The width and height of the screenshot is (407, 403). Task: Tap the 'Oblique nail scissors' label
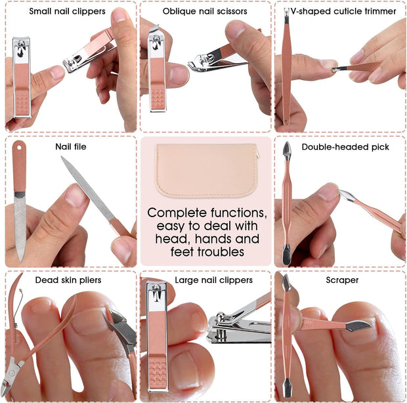coord(205,11)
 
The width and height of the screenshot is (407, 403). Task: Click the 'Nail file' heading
coord(70,146)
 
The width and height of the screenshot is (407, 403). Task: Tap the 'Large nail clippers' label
coord(213,280)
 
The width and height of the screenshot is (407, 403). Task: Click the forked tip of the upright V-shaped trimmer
coord(286,12)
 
